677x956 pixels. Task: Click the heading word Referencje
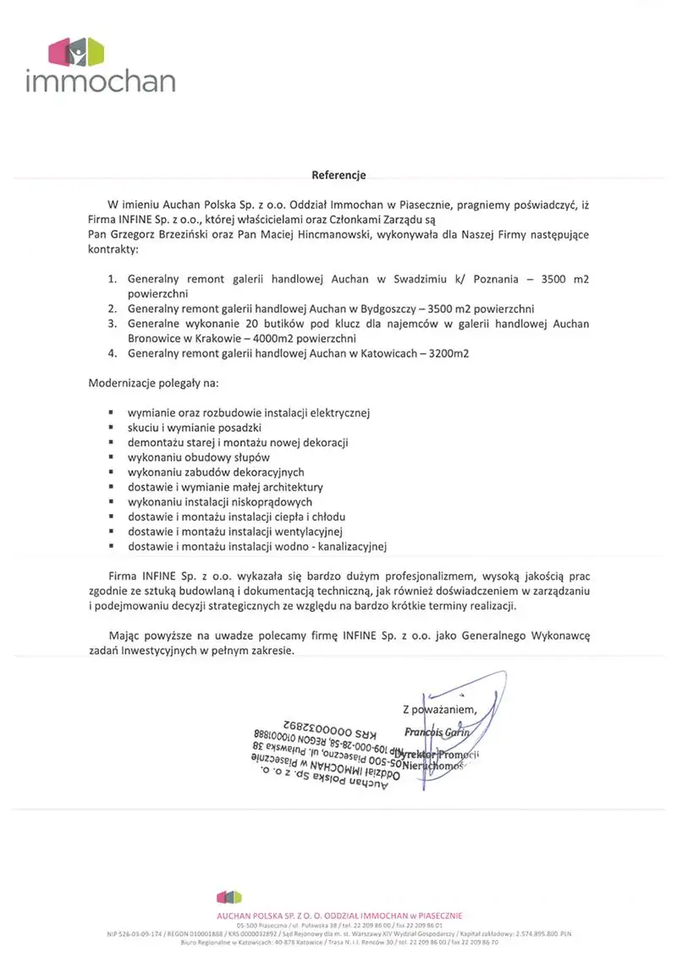pos(338,176)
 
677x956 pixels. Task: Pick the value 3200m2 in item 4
pos(445,354)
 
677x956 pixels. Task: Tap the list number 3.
pos(112,324)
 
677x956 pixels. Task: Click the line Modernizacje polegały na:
pos(153,384)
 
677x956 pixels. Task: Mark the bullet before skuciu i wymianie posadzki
pos(111,428)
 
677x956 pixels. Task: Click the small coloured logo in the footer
pos(229,897)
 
